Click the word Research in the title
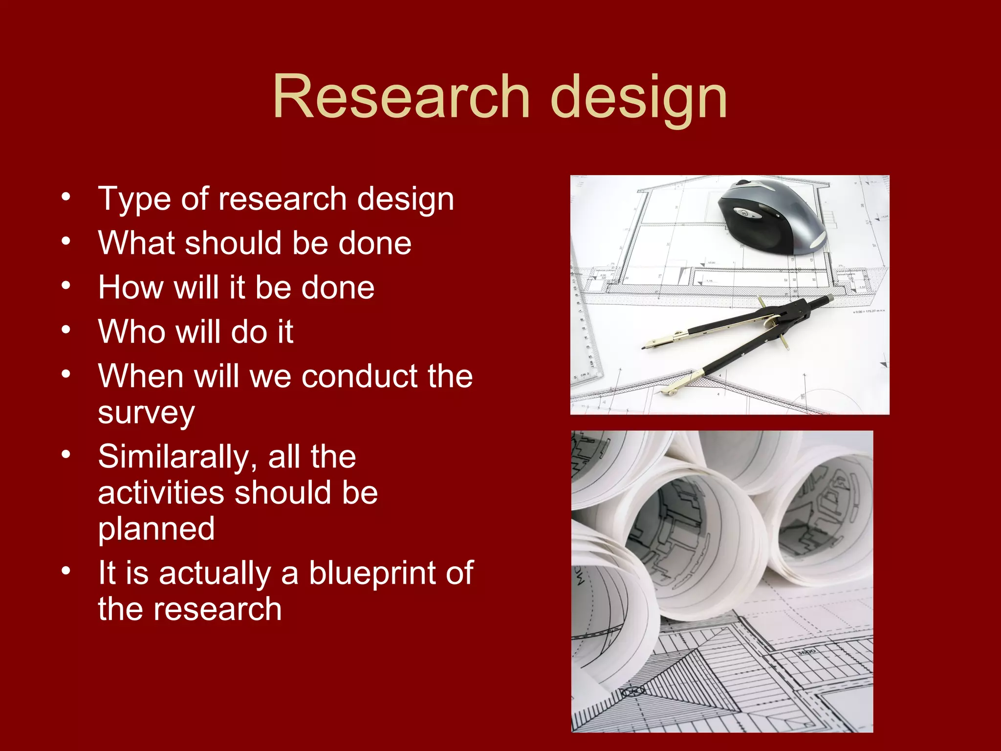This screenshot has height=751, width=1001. pos(401,96)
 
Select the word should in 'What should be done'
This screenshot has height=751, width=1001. pos(233,243)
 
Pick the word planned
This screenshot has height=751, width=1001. pos(156,530)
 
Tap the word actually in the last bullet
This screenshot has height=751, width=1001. pos(215,573)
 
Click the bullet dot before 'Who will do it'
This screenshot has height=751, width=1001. pos(66,330)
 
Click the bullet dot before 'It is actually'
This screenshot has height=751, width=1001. pos(66,571)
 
